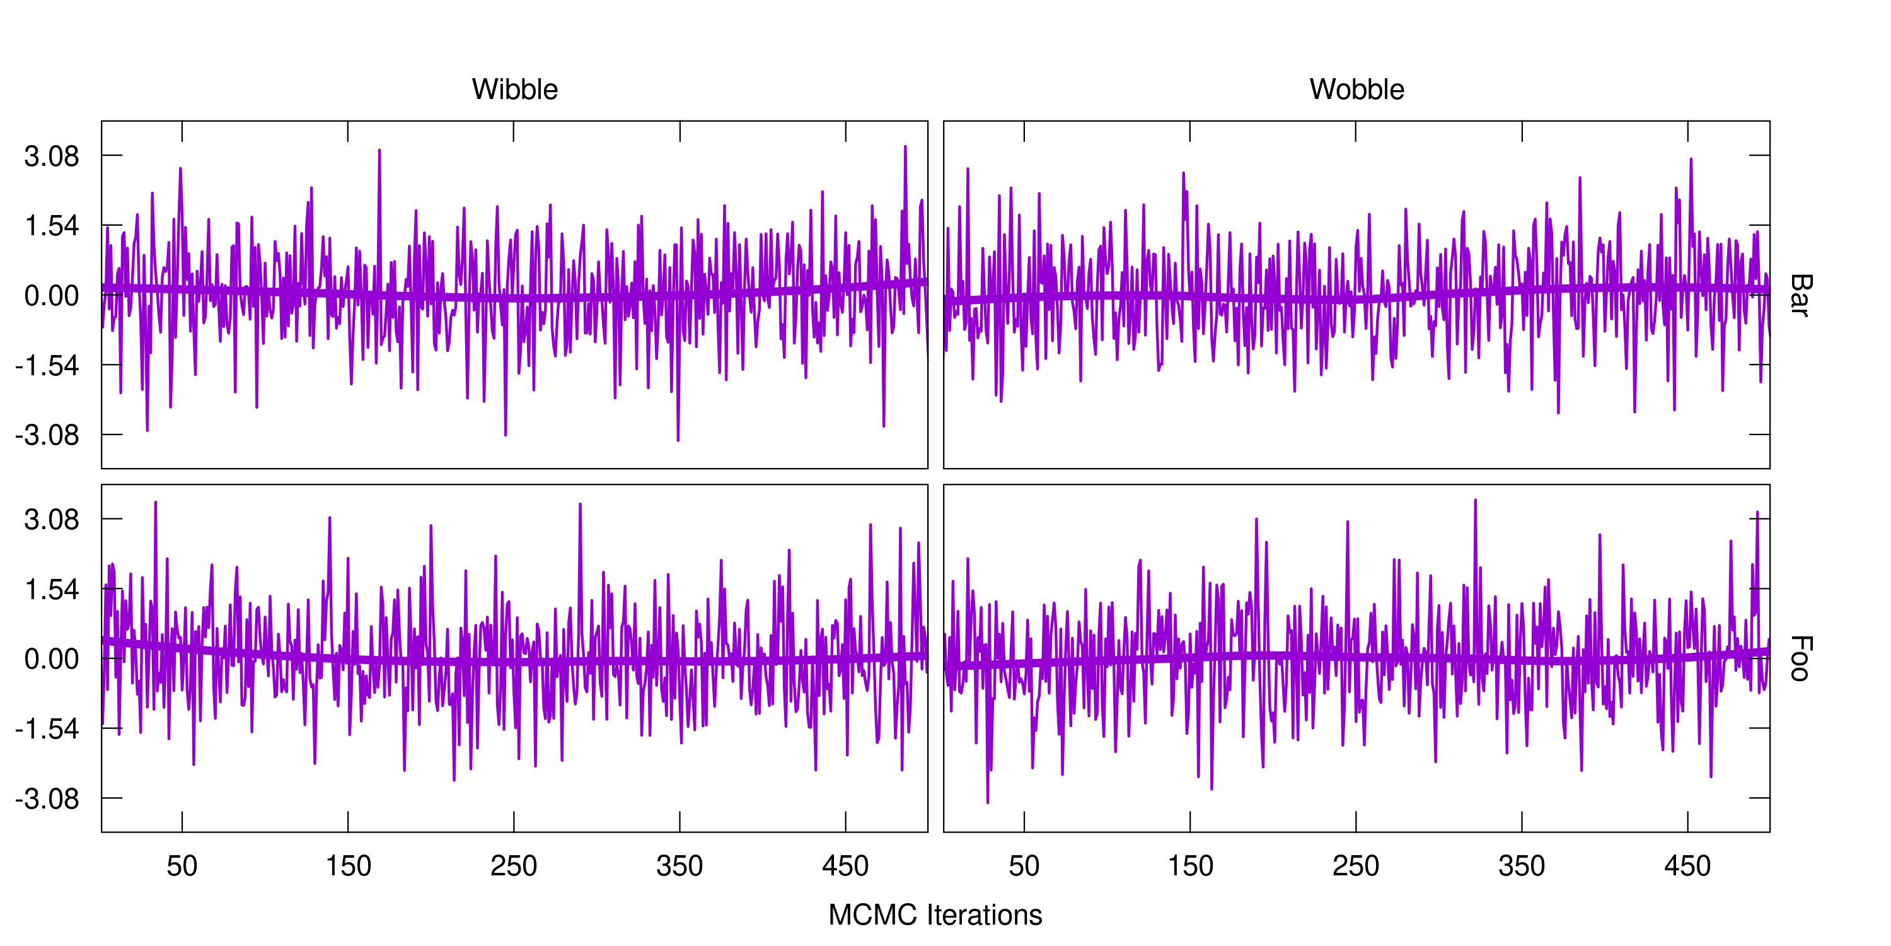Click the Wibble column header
click(514, 90)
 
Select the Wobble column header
click(1356, 90)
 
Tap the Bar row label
click(1800, 295)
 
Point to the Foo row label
click(1800, 659)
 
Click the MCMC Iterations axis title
click(935, 915)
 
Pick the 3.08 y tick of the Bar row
click(52, 156)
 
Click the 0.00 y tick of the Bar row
click(52, 296)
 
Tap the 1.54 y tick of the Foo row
click(52, 590)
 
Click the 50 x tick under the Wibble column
click(182, 867)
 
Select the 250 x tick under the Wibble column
click(514, 867)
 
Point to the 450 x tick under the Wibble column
click(846, 867)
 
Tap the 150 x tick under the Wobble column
click(1190, 867)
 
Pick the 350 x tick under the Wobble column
click(1522, 867)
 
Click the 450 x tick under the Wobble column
click(1687, 867)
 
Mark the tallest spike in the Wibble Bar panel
click(905, 147)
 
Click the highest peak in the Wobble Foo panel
click(1476, 500)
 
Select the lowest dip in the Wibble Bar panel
click(678, 440)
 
